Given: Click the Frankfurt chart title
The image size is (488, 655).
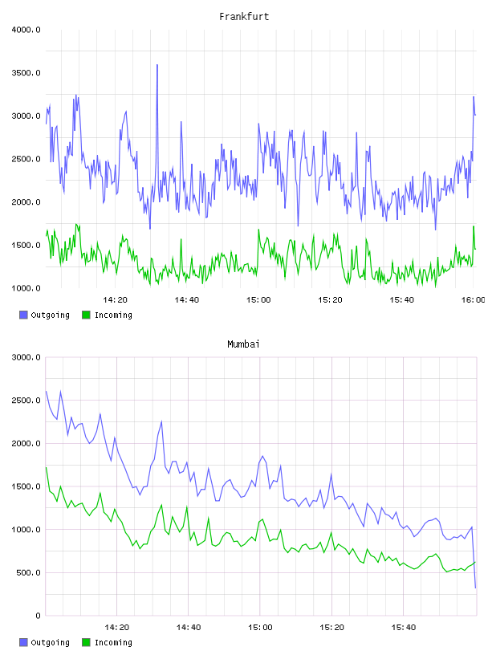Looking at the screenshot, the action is [244, 17].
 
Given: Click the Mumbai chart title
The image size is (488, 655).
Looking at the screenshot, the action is [243, 344].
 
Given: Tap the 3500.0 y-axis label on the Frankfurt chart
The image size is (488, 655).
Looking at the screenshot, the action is [26, 73].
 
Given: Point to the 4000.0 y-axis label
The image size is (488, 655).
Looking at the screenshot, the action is [26, 30].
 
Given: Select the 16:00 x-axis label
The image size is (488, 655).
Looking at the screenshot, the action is [474, 300].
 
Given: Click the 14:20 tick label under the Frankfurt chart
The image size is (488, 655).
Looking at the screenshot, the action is [115, 300].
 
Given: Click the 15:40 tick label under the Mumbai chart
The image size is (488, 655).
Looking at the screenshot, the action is [403, 628].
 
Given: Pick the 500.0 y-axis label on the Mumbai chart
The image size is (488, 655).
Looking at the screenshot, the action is [28, 572].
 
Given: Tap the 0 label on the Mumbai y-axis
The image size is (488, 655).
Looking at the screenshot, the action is [38, 616].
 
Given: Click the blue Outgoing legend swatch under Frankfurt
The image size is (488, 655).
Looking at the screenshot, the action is [23, 315].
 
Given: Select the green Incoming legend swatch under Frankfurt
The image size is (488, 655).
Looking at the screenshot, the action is [86, 315].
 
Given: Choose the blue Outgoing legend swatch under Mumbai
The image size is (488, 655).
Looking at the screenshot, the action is [23, 642].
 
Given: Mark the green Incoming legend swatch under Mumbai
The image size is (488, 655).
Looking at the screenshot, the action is [86, 642].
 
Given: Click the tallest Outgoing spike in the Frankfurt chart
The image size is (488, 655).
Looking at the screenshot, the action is [157, 65].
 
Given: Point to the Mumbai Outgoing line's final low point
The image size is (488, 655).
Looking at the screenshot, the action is [475, 588].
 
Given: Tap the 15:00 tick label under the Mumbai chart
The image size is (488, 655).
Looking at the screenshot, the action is [260, 628].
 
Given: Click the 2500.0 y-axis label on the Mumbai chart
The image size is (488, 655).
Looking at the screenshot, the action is [26, 401].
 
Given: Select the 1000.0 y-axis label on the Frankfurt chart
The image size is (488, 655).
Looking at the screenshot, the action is [26, 289].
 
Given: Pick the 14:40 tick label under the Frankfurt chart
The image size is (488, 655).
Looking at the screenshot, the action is [187, 300].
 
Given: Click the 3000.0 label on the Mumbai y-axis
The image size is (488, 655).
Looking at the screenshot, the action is [26, 357].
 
